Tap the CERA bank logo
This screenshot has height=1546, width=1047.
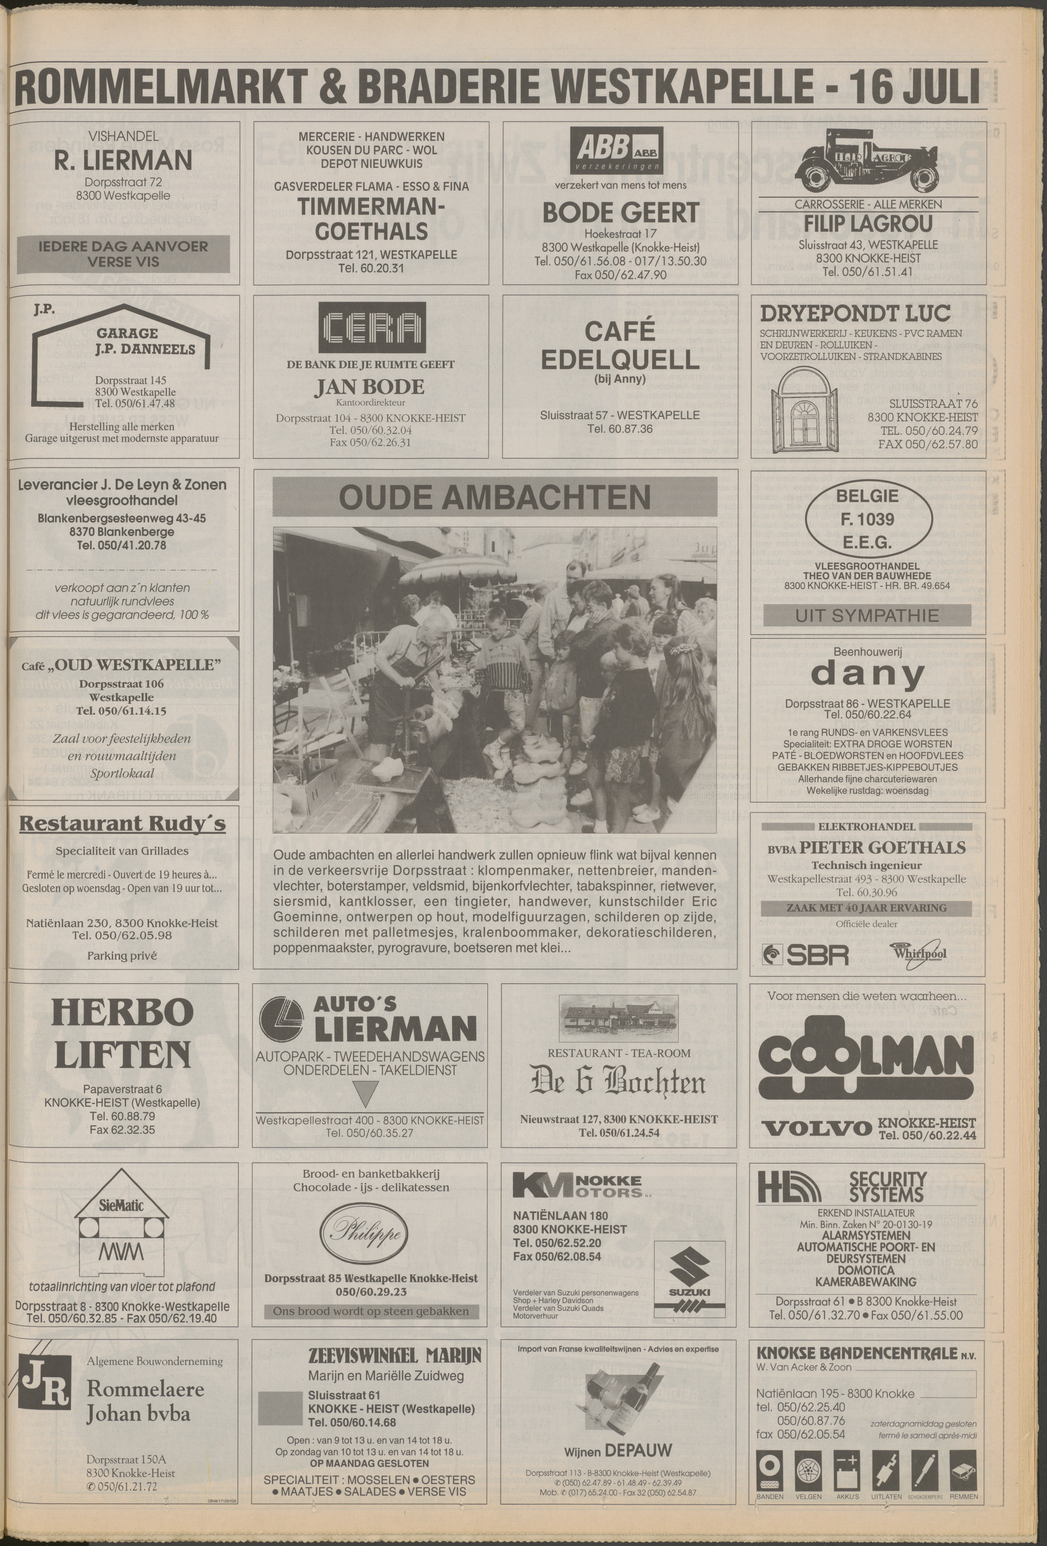[x=371, y=327]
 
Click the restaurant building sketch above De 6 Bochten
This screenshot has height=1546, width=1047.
[x=619, y=1018]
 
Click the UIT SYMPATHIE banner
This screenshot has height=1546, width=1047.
[x=867, y=615]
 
